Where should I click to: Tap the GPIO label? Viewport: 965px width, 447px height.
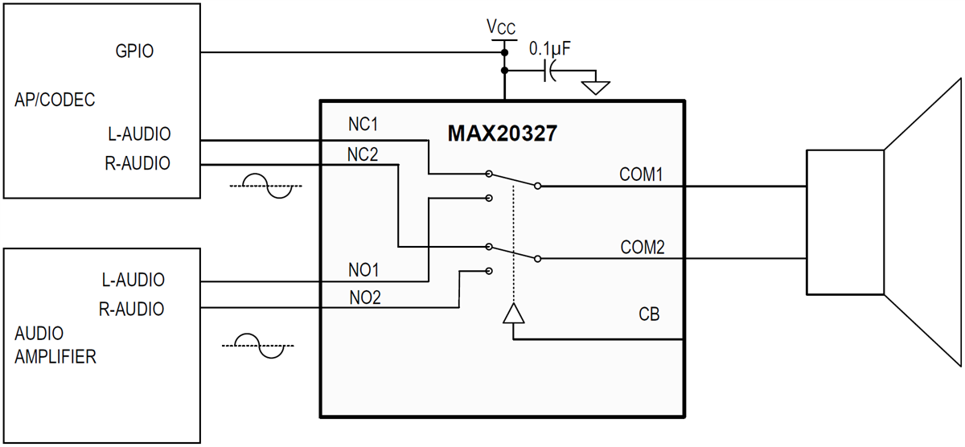(x=135, y=51)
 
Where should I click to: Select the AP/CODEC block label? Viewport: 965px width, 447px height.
(x=55, y=100)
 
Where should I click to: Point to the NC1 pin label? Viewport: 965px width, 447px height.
(x=363, y=125)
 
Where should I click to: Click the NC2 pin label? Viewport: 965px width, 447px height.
(x=363, y=154)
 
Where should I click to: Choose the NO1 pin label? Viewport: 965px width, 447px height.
(x=364, y=269)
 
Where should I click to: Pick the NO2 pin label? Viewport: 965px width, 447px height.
(x=364, y=297)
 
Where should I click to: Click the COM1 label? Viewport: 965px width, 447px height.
(x=641, y=174)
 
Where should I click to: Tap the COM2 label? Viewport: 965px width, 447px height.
(x=642, y=247)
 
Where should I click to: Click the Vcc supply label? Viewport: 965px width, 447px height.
(x=501, y=27)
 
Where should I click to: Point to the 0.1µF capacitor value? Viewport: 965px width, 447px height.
(x=550, y=49)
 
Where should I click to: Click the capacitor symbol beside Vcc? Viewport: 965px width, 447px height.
(x=550, y=71)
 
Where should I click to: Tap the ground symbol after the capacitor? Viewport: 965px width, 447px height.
(x=595, y=84)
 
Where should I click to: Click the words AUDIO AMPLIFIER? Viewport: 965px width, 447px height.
(x=55, y=345)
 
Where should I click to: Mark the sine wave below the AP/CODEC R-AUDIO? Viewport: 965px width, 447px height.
(x=265, y=185)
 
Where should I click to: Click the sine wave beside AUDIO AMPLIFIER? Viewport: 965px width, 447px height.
(x=258, y=346)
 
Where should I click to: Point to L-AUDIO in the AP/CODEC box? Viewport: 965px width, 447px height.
(x=138, y=133)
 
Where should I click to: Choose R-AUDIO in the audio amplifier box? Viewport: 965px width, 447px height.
(x=132, y=309)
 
